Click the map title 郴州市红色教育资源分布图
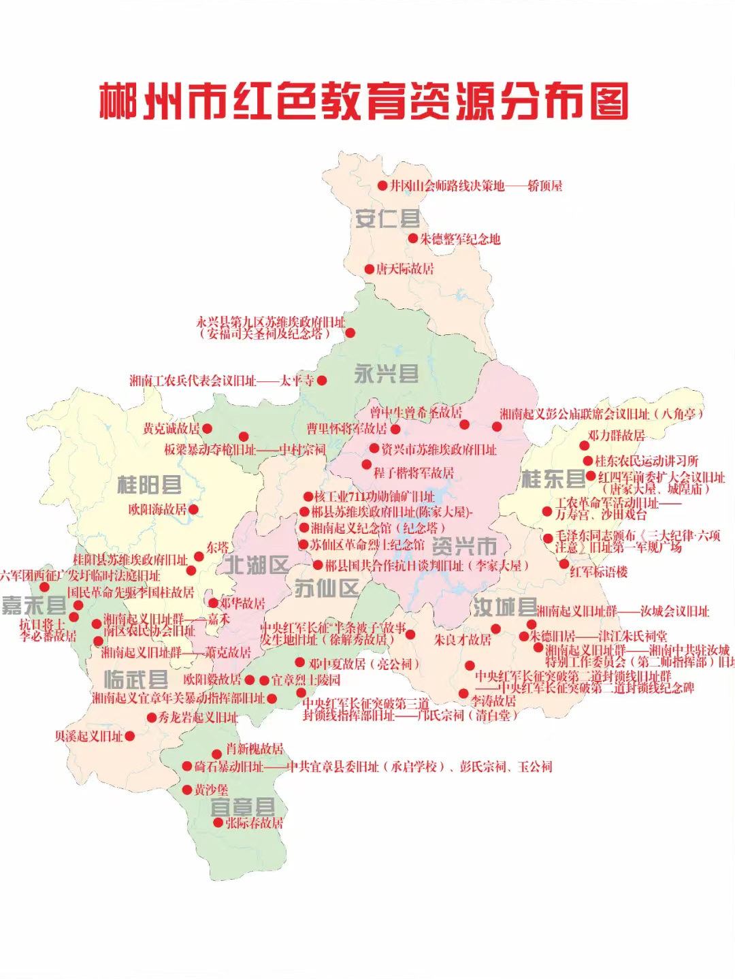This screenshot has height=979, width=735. [363, 102]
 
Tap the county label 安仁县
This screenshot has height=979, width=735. [387, 219]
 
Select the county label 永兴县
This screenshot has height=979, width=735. [386, 373]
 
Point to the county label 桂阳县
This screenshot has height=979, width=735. [149, 485]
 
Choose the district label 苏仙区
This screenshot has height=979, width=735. [327, 588]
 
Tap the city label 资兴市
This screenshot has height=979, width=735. [465, 546]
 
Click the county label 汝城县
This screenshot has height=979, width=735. [505, 607]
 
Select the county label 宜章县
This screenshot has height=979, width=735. [243, 808]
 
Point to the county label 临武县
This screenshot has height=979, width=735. [136, 679]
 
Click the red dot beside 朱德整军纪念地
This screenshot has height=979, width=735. [413, 238]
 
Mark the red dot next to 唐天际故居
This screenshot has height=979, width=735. [369, 269]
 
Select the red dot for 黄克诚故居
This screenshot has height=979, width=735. [207, 429]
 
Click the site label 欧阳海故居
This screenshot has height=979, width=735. [157, 509]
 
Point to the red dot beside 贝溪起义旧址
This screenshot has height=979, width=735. [129, 735]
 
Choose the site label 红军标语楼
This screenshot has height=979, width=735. [599, 572]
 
